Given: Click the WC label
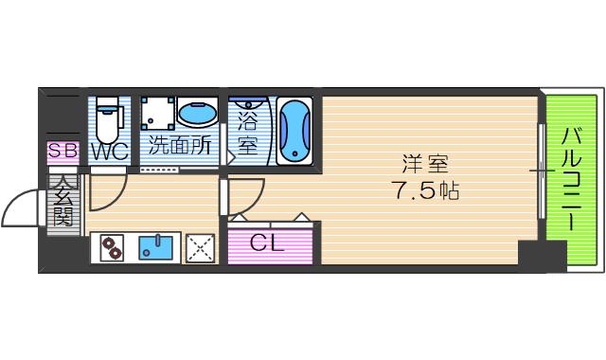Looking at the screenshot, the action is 110,151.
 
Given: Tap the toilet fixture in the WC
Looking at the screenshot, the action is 108,120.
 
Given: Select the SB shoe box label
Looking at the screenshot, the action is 63,151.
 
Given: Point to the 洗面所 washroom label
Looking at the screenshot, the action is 179,145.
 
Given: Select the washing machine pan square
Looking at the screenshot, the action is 158,114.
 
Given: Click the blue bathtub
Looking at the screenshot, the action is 294,132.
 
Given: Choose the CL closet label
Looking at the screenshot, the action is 266,243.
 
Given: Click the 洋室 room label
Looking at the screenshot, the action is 425,164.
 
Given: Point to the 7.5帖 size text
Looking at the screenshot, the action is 427,190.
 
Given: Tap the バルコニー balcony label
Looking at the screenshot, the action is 572,179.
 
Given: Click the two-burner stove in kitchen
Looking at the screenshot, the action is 112,247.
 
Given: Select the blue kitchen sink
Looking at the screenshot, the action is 155,248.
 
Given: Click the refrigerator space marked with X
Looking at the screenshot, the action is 200,248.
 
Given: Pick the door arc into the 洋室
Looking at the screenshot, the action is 255,202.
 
